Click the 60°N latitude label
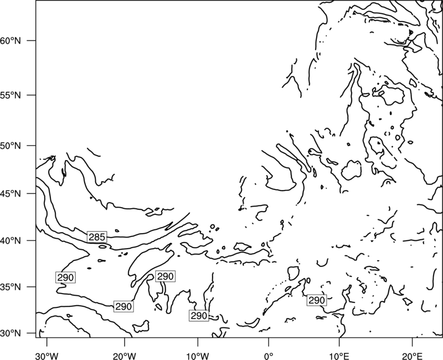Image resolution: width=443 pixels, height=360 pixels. coord(11,40)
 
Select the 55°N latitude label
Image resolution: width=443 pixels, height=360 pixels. coord(11,95)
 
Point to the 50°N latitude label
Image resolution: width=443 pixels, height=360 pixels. coord(11,146)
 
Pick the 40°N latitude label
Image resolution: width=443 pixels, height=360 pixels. coord(11,240)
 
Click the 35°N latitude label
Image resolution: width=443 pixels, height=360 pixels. coord(11,287)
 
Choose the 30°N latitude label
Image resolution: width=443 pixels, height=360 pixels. coord(11,333)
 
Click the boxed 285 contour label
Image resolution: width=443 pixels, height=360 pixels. coord(97,237)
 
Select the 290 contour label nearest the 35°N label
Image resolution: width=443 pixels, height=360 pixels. coord(65,277)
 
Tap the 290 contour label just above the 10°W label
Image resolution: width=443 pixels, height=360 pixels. coord(199,316)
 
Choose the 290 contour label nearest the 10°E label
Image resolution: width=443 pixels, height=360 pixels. coord(317,300)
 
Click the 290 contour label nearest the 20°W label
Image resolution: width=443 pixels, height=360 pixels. coord(123,306)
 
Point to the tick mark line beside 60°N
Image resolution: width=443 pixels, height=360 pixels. coord(32,40)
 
